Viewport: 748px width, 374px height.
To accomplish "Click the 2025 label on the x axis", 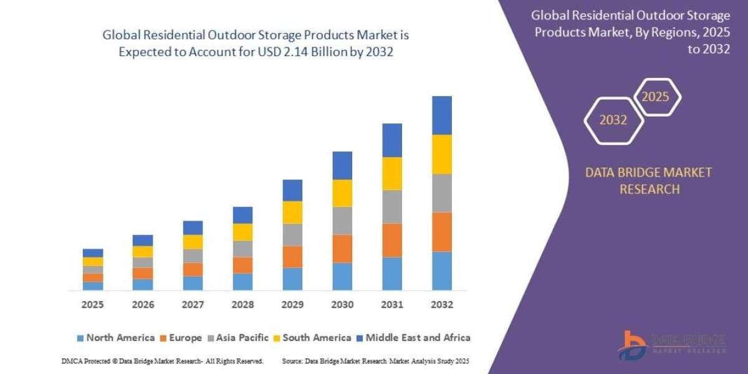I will [92, 305].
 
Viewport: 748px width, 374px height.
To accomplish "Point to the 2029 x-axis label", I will [292, 305].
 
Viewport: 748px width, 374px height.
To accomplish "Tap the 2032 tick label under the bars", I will [442, 305].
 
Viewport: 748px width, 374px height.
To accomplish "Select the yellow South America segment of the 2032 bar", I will [442, 154].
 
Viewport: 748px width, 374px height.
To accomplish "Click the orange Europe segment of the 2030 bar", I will [342, 249].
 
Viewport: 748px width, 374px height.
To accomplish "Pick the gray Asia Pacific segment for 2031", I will [392, 206].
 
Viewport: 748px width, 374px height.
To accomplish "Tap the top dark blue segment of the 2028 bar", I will [242, 215].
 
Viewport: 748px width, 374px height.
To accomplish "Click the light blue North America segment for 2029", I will [292, 279].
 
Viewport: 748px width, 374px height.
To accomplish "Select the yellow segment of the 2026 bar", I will [143, 251].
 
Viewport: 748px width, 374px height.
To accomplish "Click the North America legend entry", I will [115, 338].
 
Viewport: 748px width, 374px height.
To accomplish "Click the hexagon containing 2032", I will [613, 120].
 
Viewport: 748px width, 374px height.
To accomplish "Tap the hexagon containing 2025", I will [656, 97].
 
